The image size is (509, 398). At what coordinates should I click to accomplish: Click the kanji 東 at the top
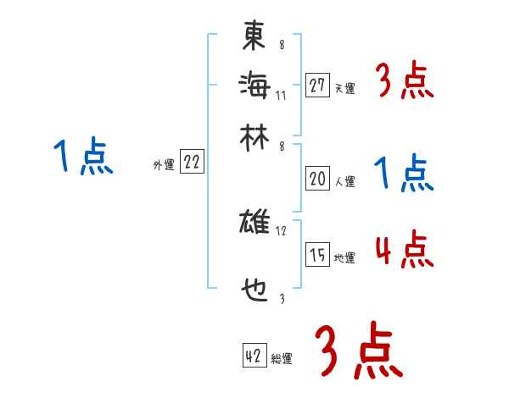[x=254, y=37]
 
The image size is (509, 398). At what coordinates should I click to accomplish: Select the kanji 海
[x=254, y=85]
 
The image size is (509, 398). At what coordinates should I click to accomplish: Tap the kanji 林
[x=254, y=135]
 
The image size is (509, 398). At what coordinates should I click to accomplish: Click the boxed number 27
[x=317, y=86]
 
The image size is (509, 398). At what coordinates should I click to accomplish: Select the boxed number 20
[x=317, y=179]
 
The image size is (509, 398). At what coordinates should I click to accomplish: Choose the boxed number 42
[x=254, y=357]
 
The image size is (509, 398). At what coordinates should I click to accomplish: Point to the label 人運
[x=344, y=181]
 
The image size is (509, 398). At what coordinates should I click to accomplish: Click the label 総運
[x=281, y=359]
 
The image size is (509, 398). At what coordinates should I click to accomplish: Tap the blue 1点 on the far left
[x=83, y=158]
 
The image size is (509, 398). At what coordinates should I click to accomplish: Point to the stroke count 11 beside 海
[x=281, y=94]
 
